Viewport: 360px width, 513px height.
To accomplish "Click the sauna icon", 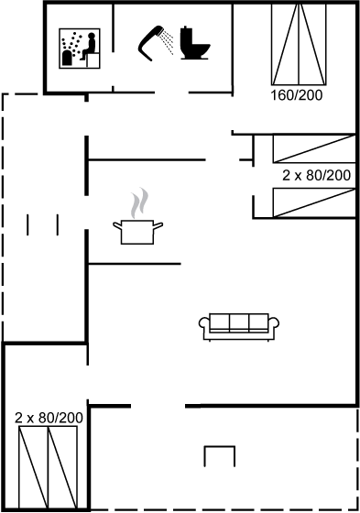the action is tap(80, 49).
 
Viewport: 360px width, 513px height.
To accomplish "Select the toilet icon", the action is tap(195, 43).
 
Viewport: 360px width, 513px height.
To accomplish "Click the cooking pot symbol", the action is tap(137, 232).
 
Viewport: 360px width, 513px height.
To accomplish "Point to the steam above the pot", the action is tap(140, 202).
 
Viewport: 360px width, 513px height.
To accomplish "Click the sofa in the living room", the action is tap(239, 327).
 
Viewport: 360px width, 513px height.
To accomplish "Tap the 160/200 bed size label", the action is tap(296, 95).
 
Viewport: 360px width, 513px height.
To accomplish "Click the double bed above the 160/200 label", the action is tap(299, 45).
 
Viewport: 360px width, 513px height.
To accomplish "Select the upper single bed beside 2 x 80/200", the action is tap(314, 148).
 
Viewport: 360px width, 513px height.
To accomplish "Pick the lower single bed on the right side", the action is tap(314, 202).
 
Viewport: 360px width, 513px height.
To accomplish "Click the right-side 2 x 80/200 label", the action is tap(316, 175).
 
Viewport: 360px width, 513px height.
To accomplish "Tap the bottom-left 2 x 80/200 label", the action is tap(49, 418).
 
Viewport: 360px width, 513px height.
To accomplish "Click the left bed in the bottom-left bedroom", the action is tap(34, 467).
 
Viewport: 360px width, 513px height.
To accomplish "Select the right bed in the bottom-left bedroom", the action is tap(63, 467).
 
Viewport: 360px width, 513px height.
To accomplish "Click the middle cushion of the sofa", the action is tap(239, 322).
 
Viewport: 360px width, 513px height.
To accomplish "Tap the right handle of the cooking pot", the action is tap(158, 225).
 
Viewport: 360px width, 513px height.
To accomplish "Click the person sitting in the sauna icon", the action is tap(88, 47).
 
